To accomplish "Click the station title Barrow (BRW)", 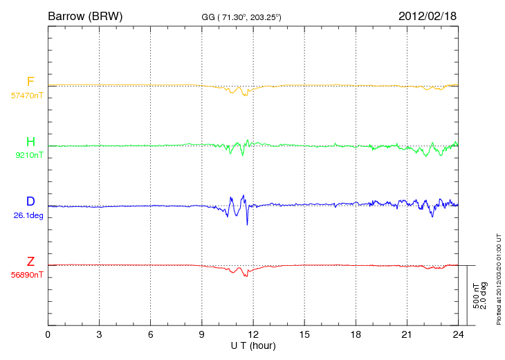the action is coord(85,17).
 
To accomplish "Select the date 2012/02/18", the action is coord(428,16).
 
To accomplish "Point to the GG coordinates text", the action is coord(241,17).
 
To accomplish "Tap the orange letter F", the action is coord(30,82).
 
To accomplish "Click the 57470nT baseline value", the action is coord(27,96).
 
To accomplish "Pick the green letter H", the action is coord(30,141).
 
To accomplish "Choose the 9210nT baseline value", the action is coord(29,155).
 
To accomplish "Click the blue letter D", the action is coord(30,201).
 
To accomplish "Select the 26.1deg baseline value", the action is coord(28,215).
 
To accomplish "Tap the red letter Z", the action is coord(30,261).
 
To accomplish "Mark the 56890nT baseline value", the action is coord(27,276).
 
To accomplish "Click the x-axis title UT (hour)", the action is coord(253,346).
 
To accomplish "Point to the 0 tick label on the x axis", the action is coord(48,334).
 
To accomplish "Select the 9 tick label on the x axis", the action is coord(201,334).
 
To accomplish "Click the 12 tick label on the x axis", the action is coord(253,334).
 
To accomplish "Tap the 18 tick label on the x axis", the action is coord(356,334).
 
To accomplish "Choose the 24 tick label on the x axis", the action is coord(458,334).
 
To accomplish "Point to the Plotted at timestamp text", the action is coord(499,279).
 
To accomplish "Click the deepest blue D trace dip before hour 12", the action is coord(247,224).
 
